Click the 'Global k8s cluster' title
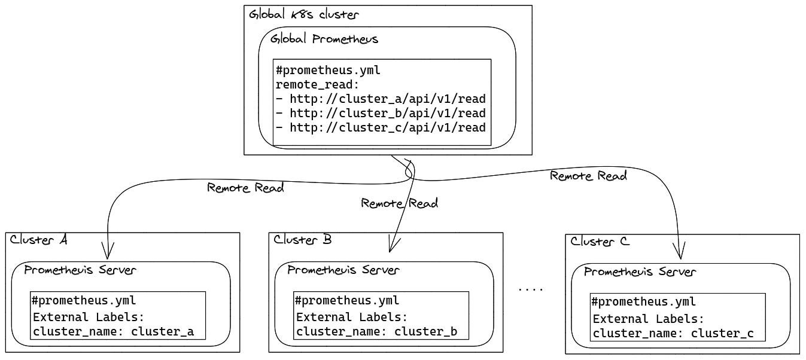click(303, 15)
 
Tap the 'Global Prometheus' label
click(324, 39)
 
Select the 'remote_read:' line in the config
click(317, 84)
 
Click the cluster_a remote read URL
click(381, 99)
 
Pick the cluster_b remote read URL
click(381, 113)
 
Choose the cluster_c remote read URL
click(381, 127)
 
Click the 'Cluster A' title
click(38, 240)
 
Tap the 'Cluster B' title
click(302, 240)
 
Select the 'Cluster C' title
click(600, 242)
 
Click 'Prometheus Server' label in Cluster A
click(80, 270)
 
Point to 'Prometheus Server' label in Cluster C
click(640, 272)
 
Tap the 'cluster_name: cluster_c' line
click(673, 334)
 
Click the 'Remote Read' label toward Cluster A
click(245, 188)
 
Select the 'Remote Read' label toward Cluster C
click(588, 176)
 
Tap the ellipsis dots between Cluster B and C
click(530, 289)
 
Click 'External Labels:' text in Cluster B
click(352, 318)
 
